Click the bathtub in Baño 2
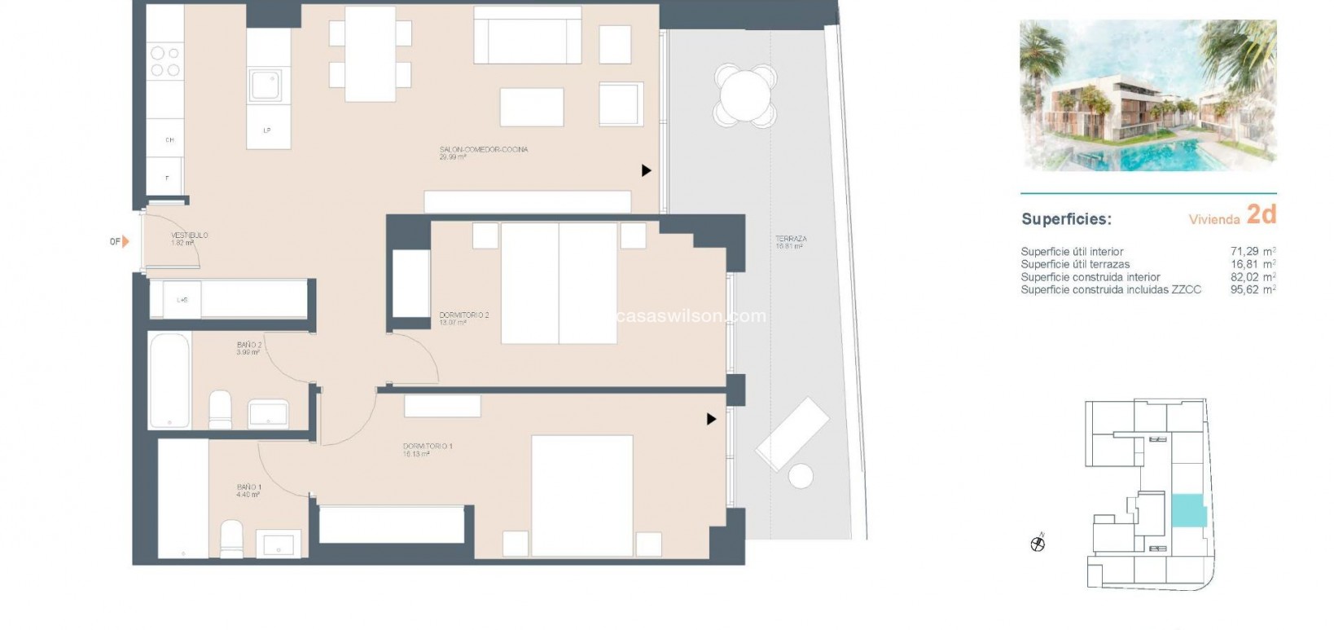169,380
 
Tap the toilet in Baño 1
231,539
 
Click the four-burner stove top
165,61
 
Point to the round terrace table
745,95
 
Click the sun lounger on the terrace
792,434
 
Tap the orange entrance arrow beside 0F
125,241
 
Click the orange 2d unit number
1261,215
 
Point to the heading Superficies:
1066,219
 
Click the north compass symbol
1038,544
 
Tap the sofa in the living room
527,35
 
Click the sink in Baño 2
268,414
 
